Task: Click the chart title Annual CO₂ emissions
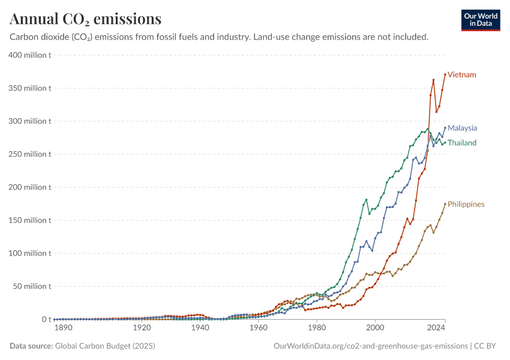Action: point(85,19)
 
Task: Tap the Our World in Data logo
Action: point(480,20)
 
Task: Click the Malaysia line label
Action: point(462,128)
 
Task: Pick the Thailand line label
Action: point(462,143)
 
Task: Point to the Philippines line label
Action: point(466,205)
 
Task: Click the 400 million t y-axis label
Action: point(29,55)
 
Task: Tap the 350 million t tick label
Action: point(29,88)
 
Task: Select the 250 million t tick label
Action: point(29,154)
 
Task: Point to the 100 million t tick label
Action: point(29,253)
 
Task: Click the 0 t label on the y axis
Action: point(44,319)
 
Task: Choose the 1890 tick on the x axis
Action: point(63,328)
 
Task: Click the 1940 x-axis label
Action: point(200,328)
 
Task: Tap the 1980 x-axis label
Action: point(317,328)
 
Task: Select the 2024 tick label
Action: point(437,328)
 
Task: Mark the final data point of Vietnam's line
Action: point(445,74)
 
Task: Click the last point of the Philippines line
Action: point(445,204)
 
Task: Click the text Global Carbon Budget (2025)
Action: point(101,346)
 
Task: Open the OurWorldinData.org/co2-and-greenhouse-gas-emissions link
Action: point(370,346)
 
